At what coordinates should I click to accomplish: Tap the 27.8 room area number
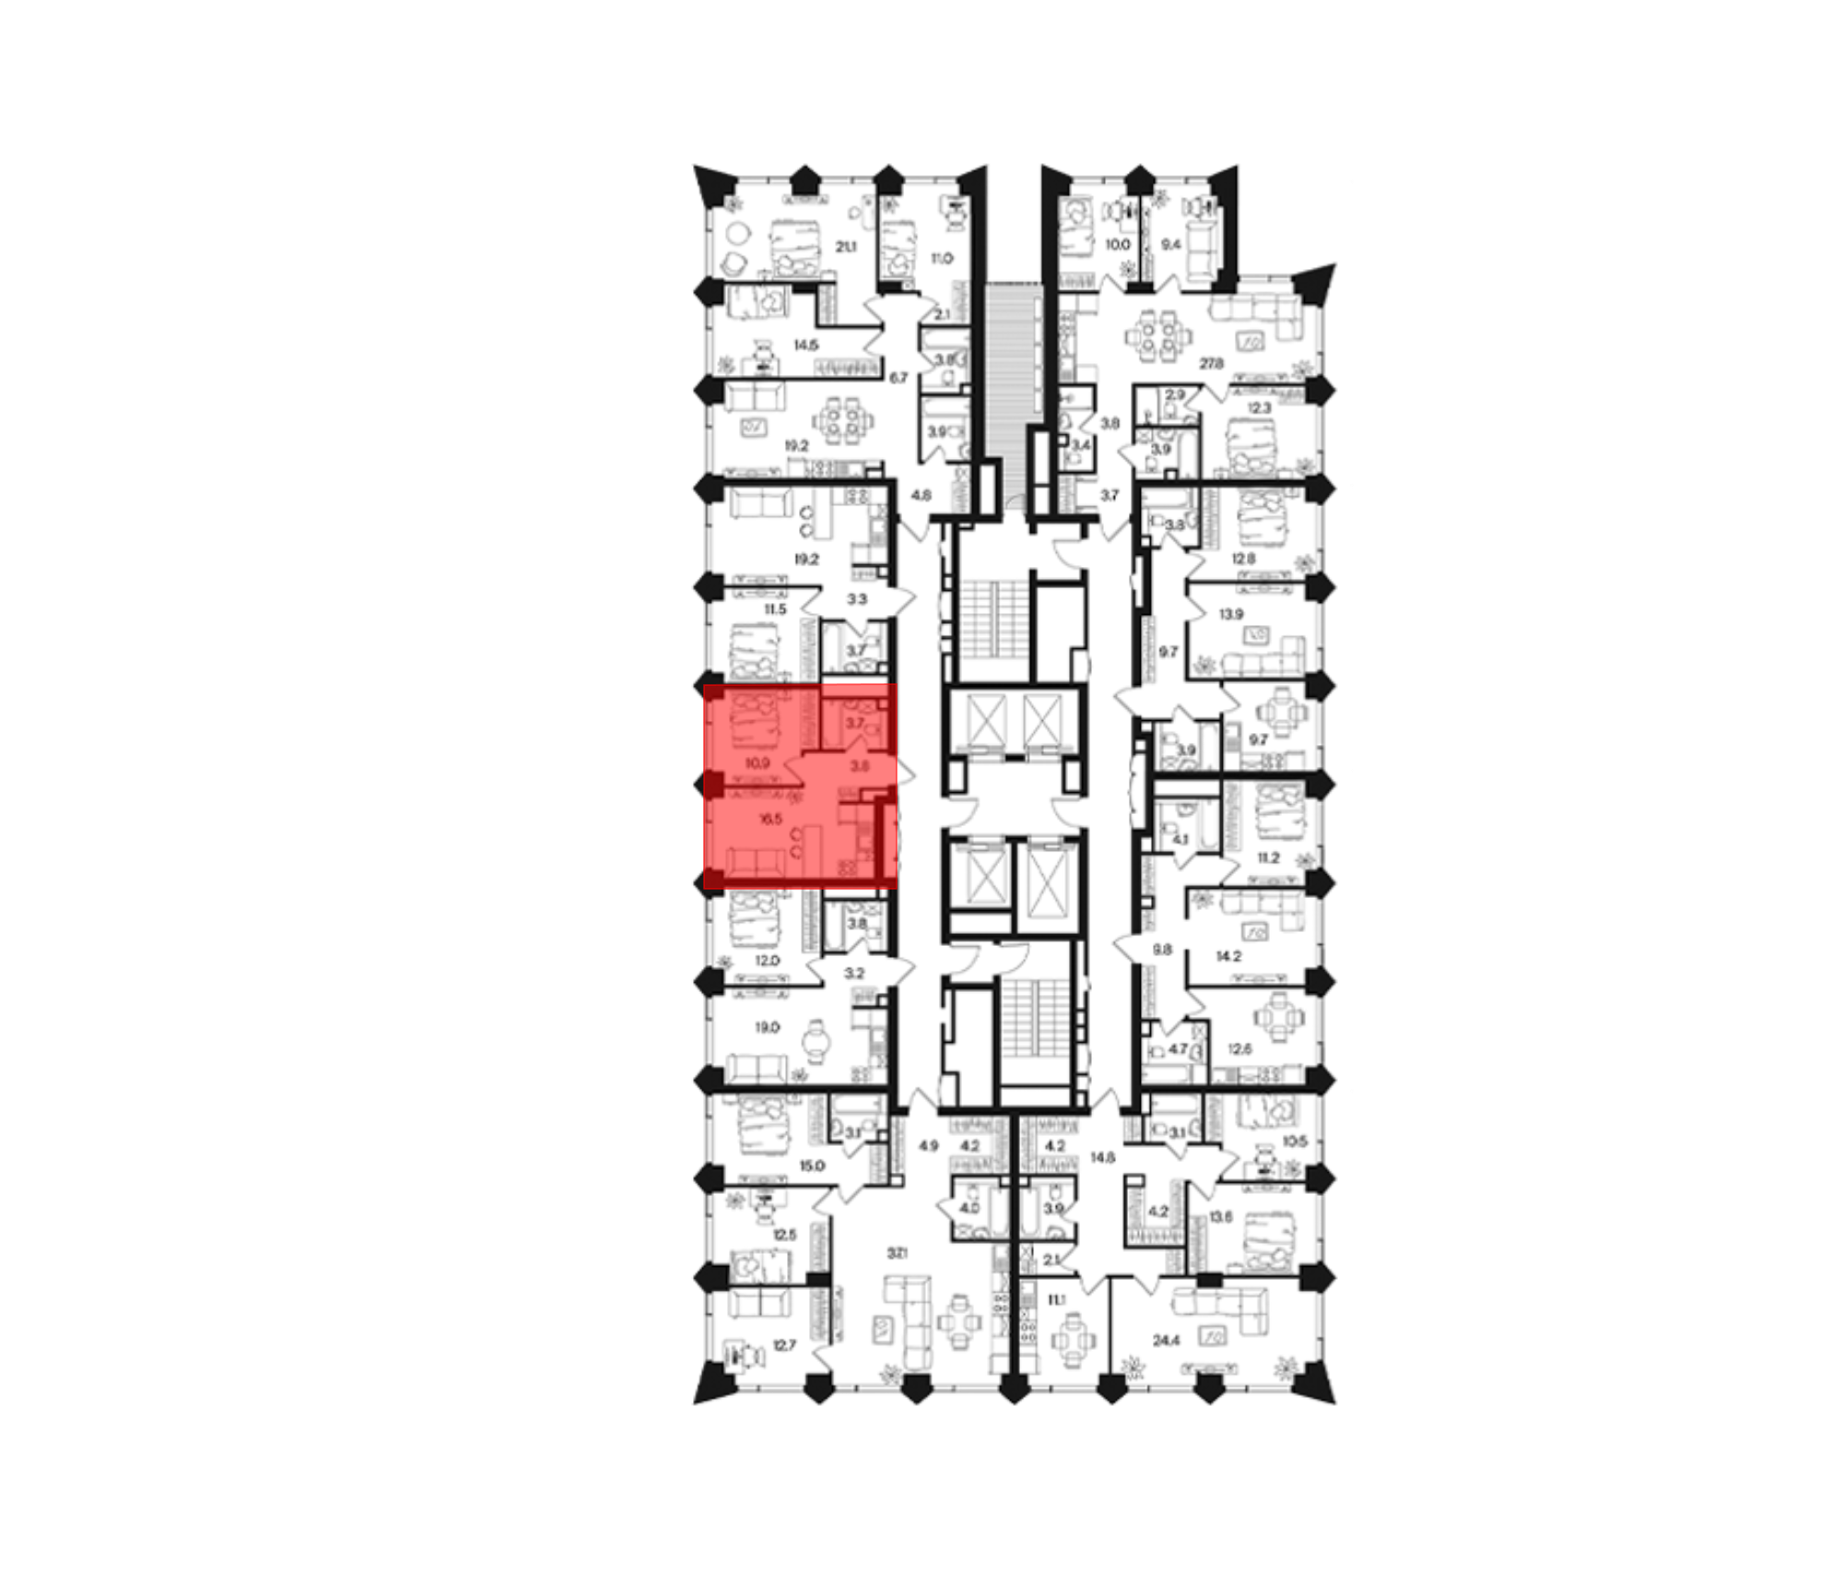tap(1212, 363)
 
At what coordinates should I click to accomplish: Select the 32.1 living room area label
tap(898, 1252)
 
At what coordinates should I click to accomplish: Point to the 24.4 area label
tap(1166, 1340)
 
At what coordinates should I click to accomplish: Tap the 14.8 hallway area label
tap(1102, 1156)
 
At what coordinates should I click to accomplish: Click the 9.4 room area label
tap(1170, 244)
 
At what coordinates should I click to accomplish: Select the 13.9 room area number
tap(1230, 613)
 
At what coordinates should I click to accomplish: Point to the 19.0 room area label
tap(768, 1026)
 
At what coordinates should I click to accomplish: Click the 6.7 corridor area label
tap(899, 377)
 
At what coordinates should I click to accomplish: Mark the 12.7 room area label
tap(783, 1345)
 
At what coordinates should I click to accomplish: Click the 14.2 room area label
tap(1228, 956)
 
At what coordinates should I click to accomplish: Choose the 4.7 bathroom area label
tap(1178, 1048)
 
